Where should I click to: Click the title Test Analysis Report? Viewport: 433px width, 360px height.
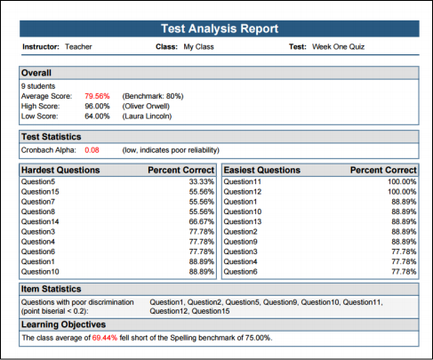coord(220,28)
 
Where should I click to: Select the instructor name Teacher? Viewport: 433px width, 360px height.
coord(78,47)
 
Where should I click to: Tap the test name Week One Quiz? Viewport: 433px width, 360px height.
coord(338,47)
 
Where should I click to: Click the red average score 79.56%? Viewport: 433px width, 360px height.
coord(97,96)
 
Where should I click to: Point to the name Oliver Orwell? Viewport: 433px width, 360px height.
coord(146,107)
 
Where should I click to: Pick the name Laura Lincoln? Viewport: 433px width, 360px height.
coord(147,116)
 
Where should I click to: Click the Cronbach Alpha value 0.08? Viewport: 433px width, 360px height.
coord(92,150)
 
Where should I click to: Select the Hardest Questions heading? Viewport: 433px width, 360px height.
coord(60,170)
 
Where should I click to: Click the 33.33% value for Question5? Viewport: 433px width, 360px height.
coord(202,181)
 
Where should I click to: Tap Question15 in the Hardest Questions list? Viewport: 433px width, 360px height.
coord(40,192)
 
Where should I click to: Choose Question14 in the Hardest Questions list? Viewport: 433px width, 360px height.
coord(40,221)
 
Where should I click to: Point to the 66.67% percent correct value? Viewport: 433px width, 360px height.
coord(202,221)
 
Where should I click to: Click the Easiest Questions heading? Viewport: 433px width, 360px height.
coord(262,170)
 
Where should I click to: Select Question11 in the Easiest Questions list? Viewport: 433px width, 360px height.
coord(243,181)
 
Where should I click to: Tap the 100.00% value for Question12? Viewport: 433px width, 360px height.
coord(402,192)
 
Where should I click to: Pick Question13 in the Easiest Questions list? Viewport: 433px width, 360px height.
coord(243,221)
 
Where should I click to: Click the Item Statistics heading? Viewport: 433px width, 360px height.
coord(51,289)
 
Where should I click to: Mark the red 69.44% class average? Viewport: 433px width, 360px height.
coord(105,338)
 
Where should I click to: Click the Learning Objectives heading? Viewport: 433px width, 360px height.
coord(63,324)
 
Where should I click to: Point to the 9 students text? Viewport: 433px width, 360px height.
coord(38,86)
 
